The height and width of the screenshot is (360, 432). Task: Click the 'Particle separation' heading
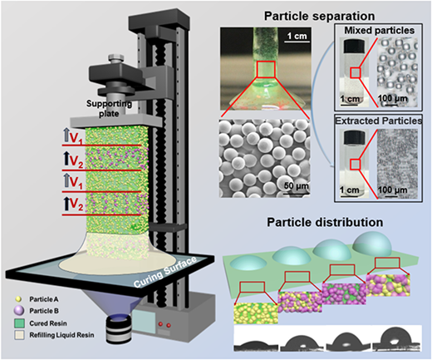tap(319, 16)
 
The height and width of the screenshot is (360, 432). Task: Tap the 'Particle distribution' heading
tap(325, 222)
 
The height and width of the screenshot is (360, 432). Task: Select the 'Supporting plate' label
tap(109, 108)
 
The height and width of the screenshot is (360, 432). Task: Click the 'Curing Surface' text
tap(165, 273)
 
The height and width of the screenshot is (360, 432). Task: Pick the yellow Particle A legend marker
tap(19, 299)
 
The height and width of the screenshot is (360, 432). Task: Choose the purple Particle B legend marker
tap(19, 311)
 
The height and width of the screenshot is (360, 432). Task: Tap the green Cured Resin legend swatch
tap(19, 323)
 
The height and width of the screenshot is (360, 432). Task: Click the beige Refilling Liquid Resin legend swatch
tap(19, 335)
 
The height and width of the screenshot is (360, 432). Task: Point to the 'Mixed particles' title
tap(380, 30)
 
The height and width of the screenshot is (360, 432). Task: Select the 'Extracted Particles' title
tap(379, 121)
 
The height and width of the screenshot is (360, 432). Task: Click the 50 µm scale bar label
tap(297, 185)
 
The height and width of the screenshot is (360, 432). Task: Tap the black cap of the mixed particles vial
tap(354, 43)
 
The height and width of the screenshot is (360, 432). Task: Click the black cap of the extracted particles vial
tap(354, 136)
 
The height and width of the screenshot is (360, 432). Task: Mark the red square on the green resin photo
tap(266, 69)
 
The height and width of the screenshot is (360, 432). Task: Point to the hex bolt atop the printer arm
tap(114, 59)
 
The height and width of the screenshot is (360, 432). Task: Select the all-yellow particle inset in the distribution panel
tap(256, 313)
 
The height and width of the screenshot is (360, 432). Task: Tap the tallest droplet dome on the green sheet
tap(372, 243)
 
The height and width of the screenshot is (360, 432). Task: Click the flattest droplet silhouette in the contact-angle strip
tap(256, 343)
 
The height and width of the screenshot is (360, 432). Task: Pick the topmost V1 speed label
tap(73, 137)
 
